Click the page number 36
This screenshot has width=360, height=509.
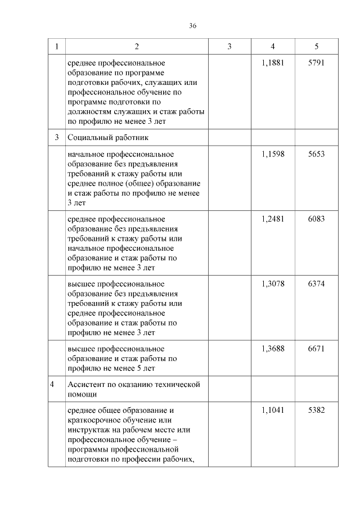click(193, 26)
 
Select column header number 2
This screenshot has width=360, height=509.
click(137, 47)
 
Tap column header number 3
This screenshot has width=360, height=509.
click(229, 47)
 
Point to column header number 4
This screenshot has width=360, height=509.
click(273, 47)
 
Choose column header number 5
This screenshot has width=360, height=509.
click(316, 47)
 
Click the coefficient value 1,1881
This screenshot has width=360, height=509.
click(273, 63)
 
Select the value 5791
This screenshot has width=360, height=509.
click(316, 63)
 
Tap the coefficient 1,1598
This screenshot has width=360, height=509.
click(273, 154)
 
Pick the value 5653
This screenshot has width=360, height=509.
click(316, 154)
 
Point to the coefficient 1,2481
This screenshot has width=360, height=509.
click(273, 219)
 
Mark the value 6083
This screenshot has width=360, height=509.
click(316, 219)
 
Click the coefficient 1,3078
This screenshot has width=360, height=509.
click(273, 284)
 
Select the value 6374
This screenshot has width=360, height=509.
click(316, 284)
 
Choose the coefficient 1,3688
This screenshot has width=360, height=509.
click(273, 349)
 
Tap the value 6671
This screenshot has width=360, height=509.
click(316, 349)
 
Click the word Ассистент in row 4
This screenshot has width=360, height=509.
click(86, 385)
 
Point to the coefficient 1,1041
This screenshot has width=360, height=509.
click(273, 411)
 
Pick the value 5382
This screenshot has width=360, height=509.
click(316, 411)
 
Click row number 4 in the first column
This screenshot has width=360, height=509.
click(53, 385)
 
